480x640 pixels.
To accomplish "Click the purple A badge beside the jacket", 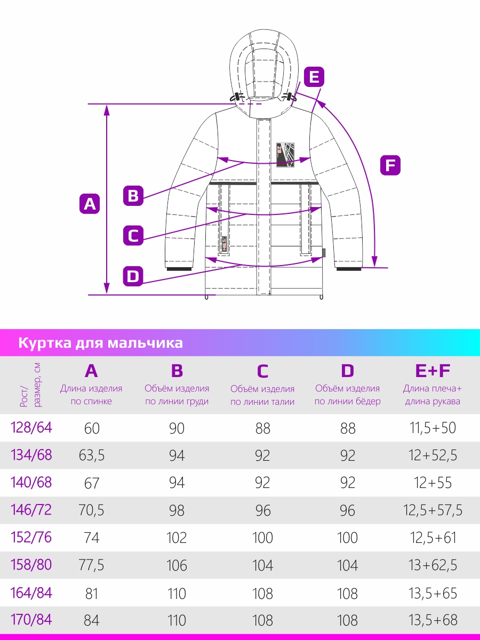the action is point(90,204).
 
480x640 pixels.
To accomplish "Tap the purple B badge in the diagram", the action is point(133,196).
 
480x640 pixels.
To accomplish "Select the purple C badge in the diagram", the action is point(133,235).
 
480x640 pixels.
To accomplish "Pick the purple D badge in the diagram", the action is point(133,276).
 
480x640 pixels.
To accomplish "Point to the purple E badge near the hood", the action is point(314,77).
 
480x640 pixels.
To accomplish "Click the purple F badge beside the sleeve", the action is point(390,165).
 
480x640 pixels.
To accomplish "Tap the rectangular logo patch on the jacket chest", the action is point(285,155).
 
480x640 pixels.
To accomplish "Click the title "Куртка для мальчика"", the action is point(101,343).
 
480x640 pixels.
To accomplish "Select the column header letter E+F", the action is point(433,371).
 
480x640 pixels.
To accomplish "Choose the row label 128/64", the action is point(31,428).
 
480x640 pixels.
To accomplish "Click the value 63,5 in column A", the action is point(92,455).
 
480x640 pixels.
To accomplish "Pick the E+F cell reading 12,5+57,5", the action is point(433,510).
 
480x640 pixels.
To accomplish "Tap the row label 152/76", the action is point(31,537).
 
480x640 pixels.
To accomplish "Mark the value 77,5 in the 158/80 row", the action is point(92,565).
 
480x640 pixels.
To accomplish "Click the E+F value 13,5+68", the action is point(433,620).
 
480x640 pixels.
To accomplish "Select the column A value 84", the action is point(92,620).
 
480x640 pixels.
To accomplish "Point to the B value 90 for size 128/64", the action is point(177,428).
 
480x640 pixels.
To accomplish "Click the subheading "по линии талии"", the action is point(262,402).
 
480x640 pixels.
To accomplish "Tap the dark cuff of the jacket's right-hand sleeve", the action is point(349,269).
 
